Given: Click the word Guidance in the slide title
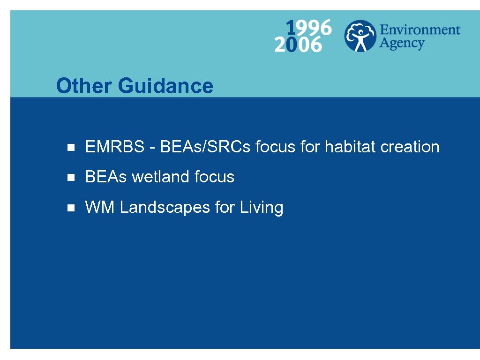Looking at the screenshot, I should click(165, 86).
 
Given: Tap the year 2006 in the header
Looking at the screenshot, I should click(298, 45).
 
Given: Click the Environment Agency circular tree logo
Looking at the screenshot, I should click(360, 36).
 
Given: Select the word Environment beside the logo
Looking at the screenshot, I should click(420, 30).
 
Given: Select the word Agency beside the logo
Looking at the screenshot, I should click(402, 44).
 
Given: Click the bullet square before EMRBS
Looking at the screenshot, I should click(71, 147).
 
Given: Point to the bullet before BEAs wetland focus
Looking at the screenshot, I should click(71, 177).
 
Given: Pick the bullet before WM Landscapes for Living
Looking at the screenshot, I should click(71, 208).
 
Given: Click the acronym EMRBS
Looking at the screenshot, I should click(115, 147).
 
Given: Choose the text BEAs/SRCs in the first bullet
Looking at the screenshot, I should click(206, 147).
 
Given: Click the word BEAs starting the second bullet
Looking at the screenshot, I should click(106, 177).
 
